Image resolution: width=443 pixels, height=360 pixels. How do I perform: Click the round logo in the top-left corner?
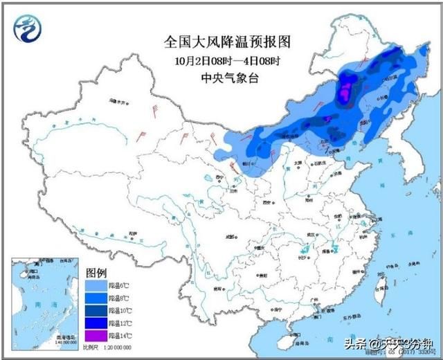(28, 28)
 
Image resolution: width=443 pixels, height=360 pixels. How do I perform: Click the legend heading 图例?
(96, 271)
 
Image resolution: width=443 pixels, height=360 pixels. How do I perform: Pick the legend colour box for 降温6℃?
(96, 284)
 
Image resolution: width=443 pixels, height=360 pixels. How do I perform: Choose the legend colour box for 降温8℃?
(96, 296)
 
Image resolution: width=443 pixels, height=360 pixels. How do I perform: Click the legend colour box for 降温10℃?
(96, 309)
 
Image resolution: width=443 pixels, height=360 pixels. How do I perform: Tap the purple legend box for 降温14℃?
(96, 335)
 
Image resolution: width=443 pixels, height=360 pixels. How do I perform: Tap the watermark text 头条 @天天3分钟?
(391, 344)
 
